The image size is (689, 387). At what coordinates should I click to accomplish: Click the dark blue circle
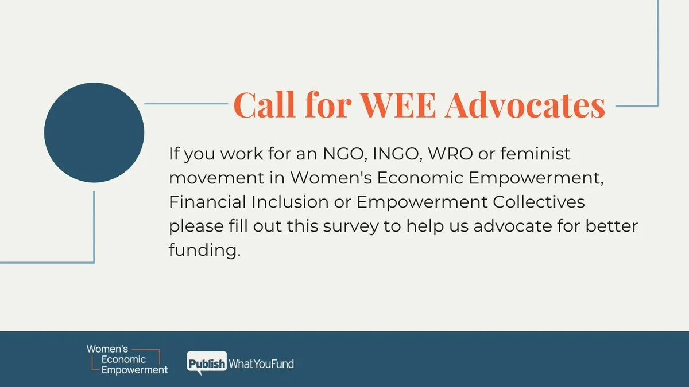coord(94,132)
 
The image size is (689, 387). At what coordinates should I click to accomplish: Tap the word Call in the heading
coord(264,105)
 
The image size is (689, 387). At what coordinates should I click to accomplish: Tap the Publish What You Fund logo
coord(241,363)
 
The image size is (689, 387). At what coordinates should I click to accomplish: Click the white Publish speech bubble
coord(207,363)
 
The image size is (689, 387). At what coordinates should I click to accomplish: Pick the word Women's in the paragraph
coord(330,178)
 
